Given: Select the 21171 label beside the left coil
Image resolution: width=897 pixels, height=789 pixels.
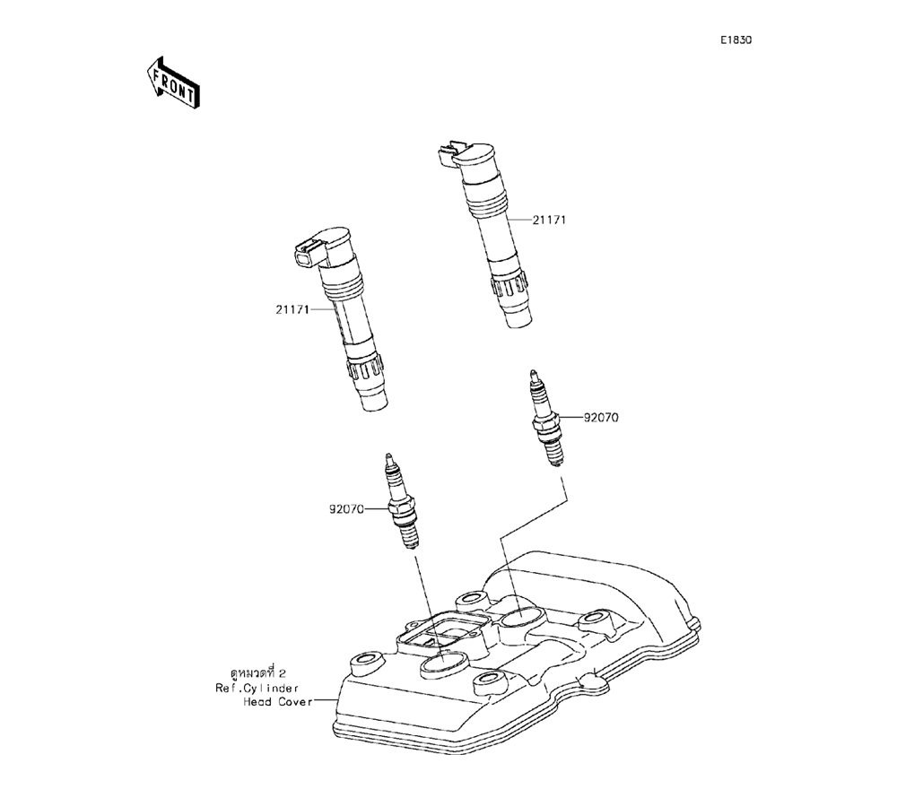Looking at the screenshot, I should click(292, 310).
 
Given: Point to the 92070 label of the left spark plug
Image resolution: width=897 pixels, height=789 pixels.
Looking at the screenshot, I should click(345, 509).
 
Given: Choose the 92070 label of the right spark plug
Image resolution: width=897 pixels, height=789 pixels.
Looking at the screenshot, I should click(601, 418).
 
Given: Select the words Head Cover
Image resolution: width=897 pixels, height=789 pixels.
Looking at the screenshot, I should click(277, 702).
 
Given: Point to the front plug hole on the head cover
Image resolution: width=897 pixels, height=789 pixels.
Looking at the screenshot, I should click(440, 664).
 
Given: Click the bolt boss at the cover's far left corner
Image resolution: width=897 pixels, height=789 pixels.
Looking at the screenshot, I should click(365, 664).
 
